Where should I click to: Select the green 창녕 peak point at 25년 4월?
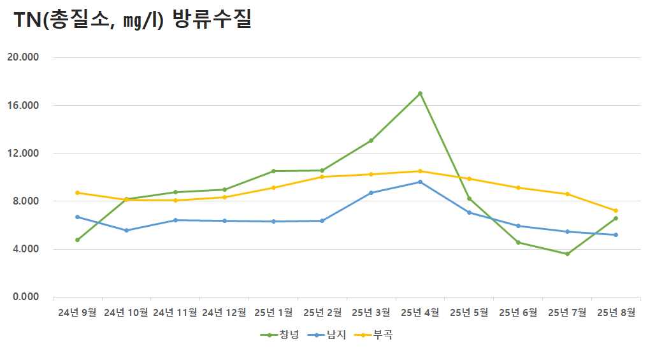pos(420,94)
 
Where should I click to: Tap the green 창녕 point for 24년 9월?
pos(77,240)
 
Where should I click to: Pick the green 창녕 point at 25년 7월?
pos(567,254)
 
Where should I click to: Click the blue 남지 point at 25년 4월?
pos(420,182)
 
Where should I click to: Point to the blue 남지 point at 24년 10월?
pos(126,231)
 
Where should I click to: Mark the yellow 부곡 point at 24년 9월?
pos(77,192)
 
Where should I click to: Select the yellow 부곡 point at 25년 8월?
pos(616,211)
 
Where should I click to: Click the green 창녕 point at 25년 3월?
pos(371,141)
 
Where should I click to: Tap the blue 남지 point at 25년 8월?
pos(616,235)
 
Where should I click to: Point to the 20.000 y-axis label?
pos(23,57)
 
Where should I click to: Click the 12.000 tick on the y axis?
pos(23,154)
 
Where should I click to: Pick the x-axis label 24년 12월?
pos(224,313)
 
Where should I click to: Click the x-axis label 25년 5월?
pos(469,313)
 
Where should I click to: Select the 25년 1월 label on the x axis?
pos(273,313)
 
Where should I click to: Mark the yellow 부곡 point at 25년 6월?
pos(518,188)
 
